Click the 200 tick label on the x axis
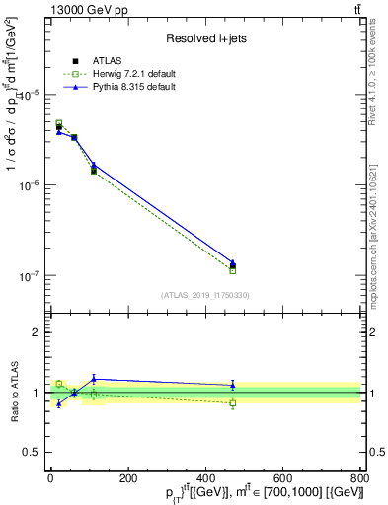127,479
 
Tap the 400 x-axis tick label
205,479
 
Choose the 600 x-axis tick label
282,479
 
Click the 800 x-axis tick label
358,479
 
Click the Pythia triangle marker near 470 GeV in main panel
233,263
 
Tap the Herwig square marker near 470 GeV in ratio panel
233,403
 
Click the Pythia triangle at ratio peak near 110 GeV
94,378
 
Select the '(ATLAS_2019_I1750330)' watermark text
205,295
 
